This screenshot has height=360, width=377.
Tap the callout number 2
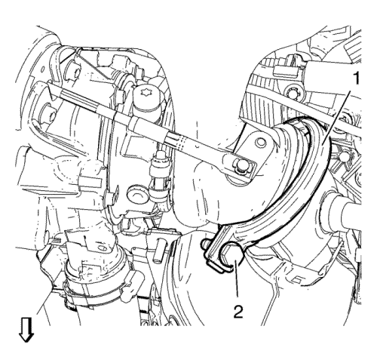pos(238,312)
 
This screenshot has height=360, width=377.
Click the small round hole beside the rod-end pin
pos(260,143)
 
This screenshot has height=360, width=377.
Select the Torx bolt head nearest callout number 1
pos(292,93)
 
